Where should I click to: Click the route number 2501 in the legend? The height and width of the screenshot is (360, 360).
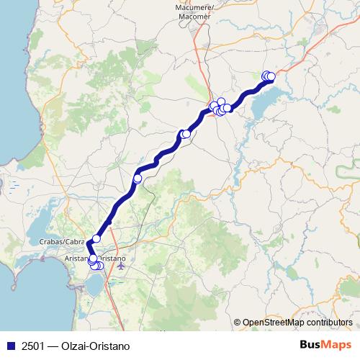tap(32, 345)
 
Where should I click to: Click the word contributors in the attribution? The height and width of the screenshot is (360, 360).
tap(328, 323)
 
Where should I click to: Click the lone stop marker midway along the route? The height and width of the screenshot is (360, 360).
tap(138, 178)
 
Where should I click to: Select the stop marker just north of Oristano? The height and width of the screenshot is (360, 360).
tap(96, 238)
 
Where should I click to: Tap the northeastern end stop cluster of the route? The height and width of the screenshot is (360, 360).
tap(269, 76)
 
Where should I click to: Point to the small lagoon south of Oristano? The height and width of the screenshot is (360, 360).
tap(94, 286)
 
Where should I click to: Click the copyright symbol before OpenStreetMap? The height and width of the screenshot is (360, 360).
tap(238, 323)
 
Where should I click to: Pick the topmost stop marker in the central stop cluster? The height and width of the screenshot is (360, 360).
tap(221, 102)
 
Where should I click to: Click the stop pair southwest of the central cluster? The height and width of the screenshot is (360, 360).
tap(185, 134)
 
